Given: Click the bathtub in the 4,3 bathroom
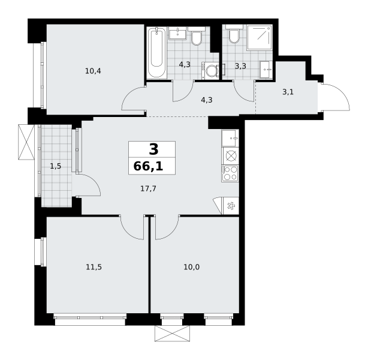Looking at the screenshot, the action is (x=156, y=53).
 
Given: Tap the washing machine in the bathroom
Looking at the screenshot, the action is (x=210, y=70).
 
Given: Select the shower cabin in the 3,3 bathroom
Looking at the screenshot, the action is (x=260, y=37).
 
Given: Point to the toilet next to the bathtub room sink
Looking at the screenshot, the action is (x=197, y=36).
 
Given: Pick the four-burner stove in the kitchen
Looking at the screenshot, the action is (x=230, y=173).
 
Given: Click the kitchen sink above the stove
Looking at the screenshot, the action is (x=230, y=138).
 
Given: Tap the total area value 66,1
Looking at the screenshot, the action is (x=148, y=166).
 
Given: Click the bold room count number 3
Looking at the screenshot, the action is (x=153, y=149).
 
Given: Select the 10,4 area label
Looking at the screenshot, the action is (x=93, y=71).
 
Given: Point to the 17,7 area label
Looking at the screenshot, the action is (x=148, y=188).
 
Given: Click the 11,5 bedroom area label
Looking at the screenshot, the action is (x=93, y=267).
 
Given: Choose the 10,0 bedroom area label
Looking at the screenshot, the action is (x=192, y=267).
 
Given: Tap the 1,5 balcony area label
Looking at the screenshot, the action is (x=55, y=166).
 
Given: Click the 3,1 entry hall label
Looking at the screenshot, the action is (x=288, y=92).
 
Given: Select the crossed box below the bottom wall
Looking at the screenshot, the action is (x=172, y=333).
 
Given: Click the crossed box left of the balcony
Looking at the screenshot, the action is (x=26, y=142).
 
